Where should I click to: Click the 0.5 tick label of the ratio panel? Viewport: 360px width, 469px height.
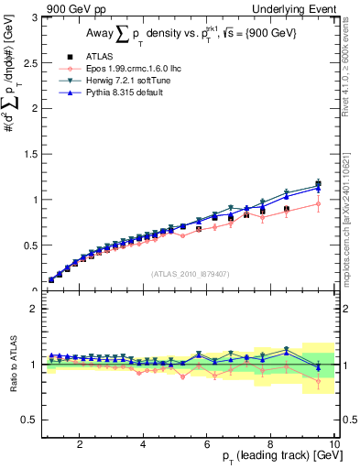[x=29, y=420]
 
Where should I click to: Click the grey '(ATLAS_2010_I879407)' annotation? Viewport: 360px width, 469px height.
[x=190, y=273]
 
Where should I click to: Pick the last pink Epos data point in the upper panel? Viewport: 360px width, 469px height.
[x=318, y=204]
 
